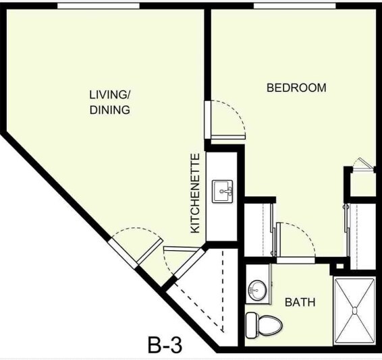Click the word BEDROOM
click(296, 88)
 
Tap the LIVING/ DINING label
click(109, 101)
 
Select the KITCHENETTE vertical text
click(195, 194)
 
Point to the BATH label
click(300, 303)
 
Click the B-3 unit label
click(165, 345)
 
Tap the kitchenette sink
click(223, 191)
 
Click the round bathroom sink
click(256, 291)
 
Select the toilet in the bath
click(263, 326)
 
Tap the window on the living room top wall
click(98, 6)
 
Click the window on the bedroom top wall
click(294, 6)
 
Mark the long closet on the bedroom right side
click(362, 233)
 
